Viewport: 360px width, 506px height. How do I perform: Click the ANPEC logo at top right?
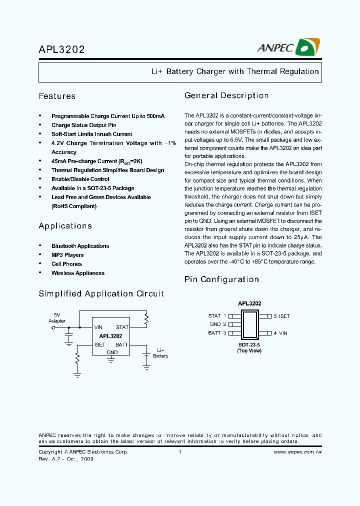click(288, 47)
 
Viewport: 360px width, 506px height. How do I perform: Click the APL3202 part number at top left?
click(61, 49)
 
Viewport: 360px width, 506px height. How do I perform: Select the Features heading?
click(57, 96)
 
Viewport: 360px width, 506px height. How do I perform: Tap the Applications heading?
click(65, 225)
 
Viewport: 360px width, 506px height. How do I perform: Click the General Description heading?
click(226, 95)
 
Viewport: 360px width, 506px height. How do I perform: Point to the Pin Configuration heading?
click(221, 279)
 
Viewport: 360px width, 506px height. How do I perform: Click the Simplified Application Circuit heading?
click(101, 293)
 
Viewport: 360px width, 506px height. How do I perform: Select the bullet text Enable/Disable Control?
click(80, 179)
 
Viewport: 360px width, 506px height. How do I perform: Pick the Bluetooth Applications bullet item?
click(80, 246)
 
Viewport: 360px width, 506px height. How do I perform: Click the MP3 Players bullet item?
click(67, 255)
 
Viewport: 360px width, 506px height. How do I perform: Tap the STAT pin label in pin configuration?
click(214, 316)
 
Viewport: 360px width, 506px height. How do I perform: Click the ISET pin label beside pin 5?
click(284, 316)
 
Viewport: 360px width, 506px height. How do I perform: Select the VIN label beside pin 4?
click(283, 333)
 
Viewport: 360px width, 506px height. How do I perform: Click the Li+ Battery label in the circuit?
click(160, 353)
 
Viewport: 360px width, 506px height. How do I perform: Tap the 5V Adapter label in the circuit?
click(57, 318)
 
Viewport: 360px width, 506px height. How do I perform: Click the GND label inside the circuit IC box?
click(112, 352)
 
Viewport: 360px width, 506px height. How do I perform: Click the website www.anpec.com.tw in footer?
click(297, 452)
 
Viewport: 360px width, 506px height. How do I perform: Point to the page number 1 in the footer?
click(179, 452)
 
